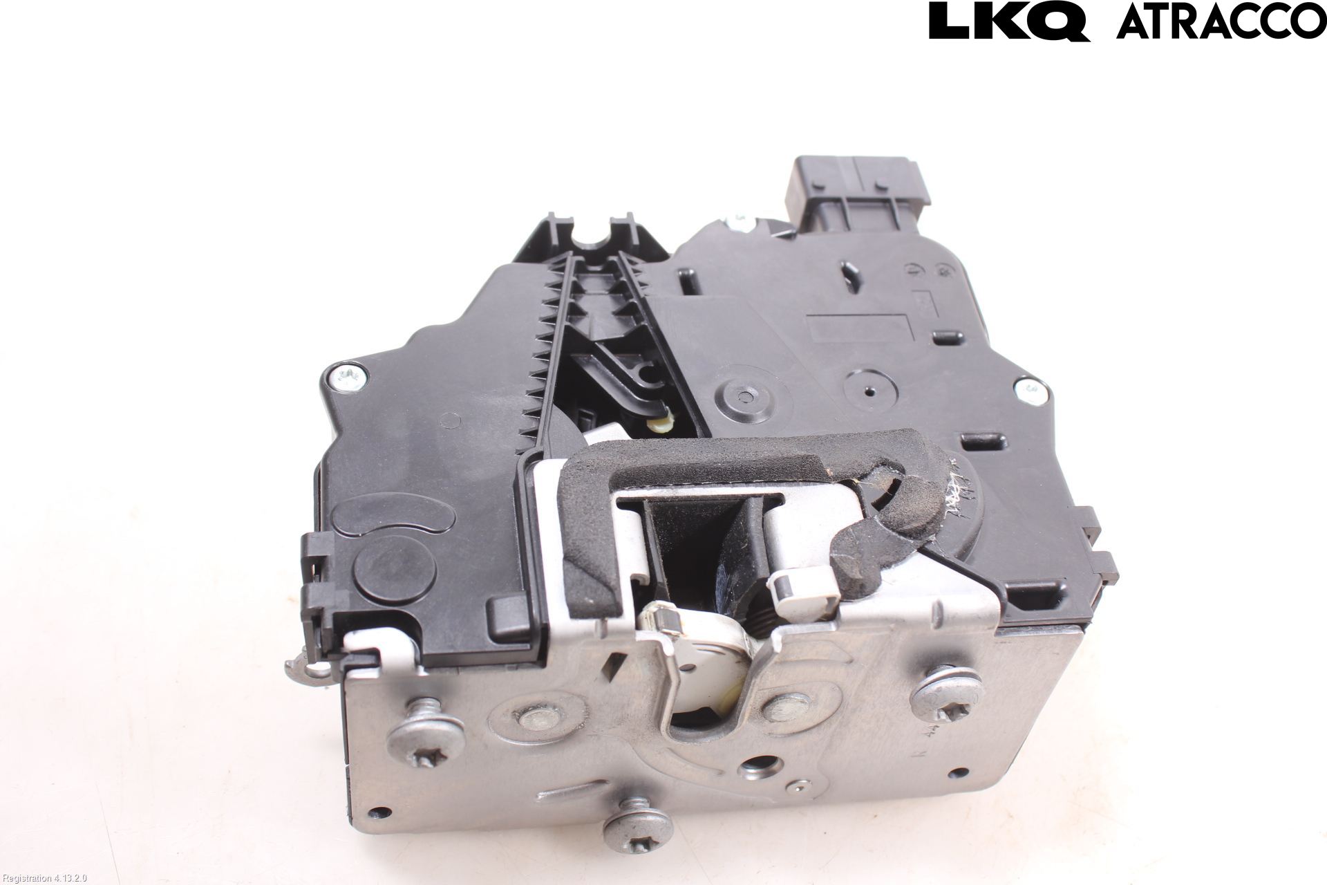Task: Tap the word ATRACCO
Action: coord(1221,21)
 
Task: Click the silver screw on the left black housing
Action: coord(343,378)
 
